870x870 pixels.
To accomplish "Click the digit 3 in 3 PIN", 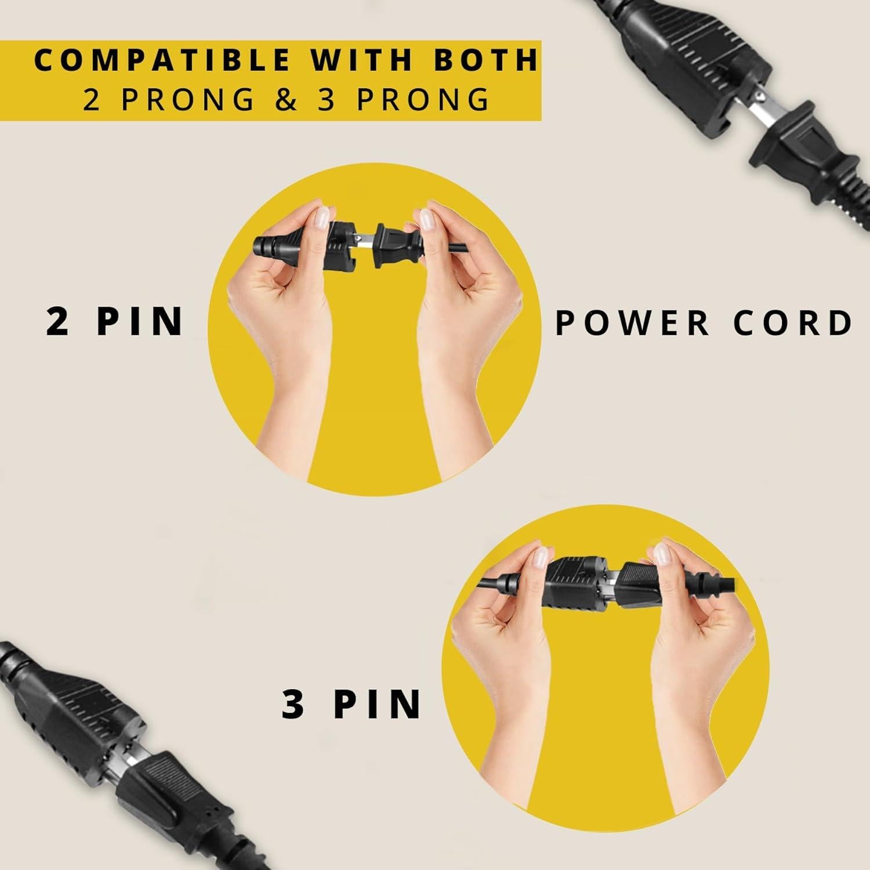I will point(293,703).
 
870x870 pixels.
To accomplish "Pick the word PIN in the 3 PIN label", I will point(377,703).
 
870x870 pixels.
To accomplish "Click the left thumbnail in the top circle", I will point(320,219).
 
